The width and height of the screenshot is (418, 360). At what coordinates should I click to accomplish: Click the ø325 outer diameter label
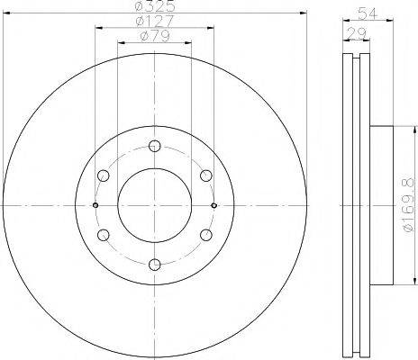point(155,5)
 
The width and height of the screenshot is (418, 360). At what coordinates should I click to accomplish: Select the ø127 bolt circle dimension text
point(155,21)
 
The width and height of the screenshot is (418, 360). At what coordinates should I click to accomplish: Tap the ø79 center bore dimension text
point(155,36)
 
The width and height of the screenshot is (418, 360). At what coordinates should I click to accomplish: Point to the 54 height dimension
point(368,13)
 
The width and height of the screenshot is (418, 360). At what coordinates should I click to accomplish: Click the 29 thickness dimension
point(357,32)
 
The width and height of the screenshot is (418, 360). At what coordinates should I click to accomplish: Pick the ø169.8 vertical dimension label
point(410,205)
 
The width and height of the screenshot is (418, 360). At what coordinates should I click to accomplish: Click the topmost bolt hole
point(155,146)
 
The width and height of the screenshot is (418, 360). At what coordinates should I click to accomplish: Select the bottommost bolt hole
point(155,265)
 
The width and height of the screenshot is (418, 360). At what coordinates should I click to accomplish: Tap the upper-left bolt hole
point(104,175)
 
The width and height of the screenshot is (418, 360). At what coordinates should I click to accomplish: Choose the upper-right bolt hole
point(206,175)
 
